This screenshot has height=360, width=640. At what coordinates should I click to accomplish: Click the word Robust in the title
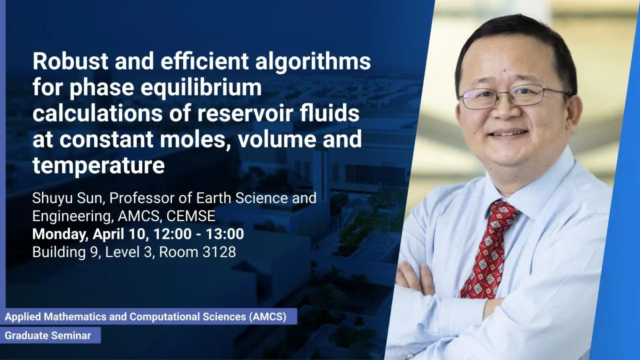coord(70,61)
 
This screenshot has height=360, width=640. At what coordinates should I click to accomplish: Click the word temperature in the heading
coord(98,165)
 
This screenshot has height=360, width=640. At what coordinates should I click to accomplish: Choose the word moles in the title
coord(195,139)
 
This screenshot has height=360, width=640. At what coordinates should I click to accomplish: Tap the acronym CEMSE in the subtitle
coord(190,216)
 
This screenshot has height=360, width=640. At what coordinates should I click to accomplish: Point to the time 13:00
coord(225,233)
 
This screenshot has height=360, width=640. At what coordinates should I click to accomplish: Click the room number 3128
coord(219,252)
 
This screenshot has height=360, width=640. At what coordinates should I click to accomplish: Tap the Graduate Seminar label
coord(47,335)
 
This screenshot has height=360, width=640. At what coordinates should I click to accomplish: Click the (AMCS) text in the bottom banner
coord(267,317)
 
